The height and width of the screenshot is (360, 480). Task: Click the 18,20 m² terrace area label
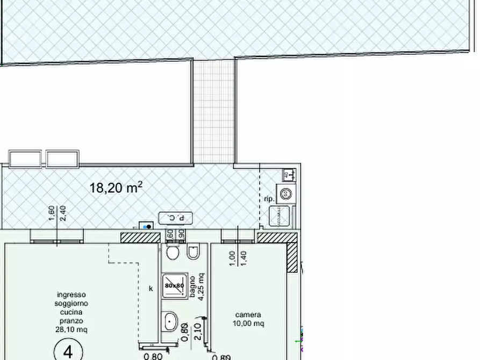click(x=116, y=188)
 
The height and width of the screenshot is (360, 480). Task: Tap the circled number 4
click(x=68, y=351)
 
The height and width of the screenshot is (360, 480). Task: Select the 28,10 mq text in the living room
click(x=71, y=329)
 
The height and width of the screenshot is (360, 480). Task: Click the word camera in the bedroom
click(x=248, y=314)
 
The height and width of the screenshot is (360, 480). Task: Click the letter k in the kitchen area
click(x=151, y=288)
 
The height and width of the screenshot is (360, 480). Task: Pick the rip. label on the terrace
click(x=269, y=199)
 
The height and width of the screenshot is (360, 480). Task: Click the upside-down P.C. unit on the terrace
click(x=175, y=218)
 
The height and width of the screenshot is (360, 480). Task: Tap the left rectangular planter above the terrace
click(x=25, y=159)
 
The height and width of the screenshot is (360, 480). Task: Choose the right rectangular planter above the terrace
click(x=62, y=159)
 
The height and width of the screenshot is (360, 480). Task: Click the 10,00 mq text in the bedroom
click(x=248, y=323)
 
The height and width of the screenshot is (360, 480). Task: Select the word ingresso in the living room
click(x=71, y=294)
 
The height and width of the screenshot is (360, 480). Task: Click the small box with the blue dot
click(x=146, y=226)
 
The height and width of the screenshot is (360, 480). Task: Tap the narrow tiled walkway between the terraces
click(x=214, y=110)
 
